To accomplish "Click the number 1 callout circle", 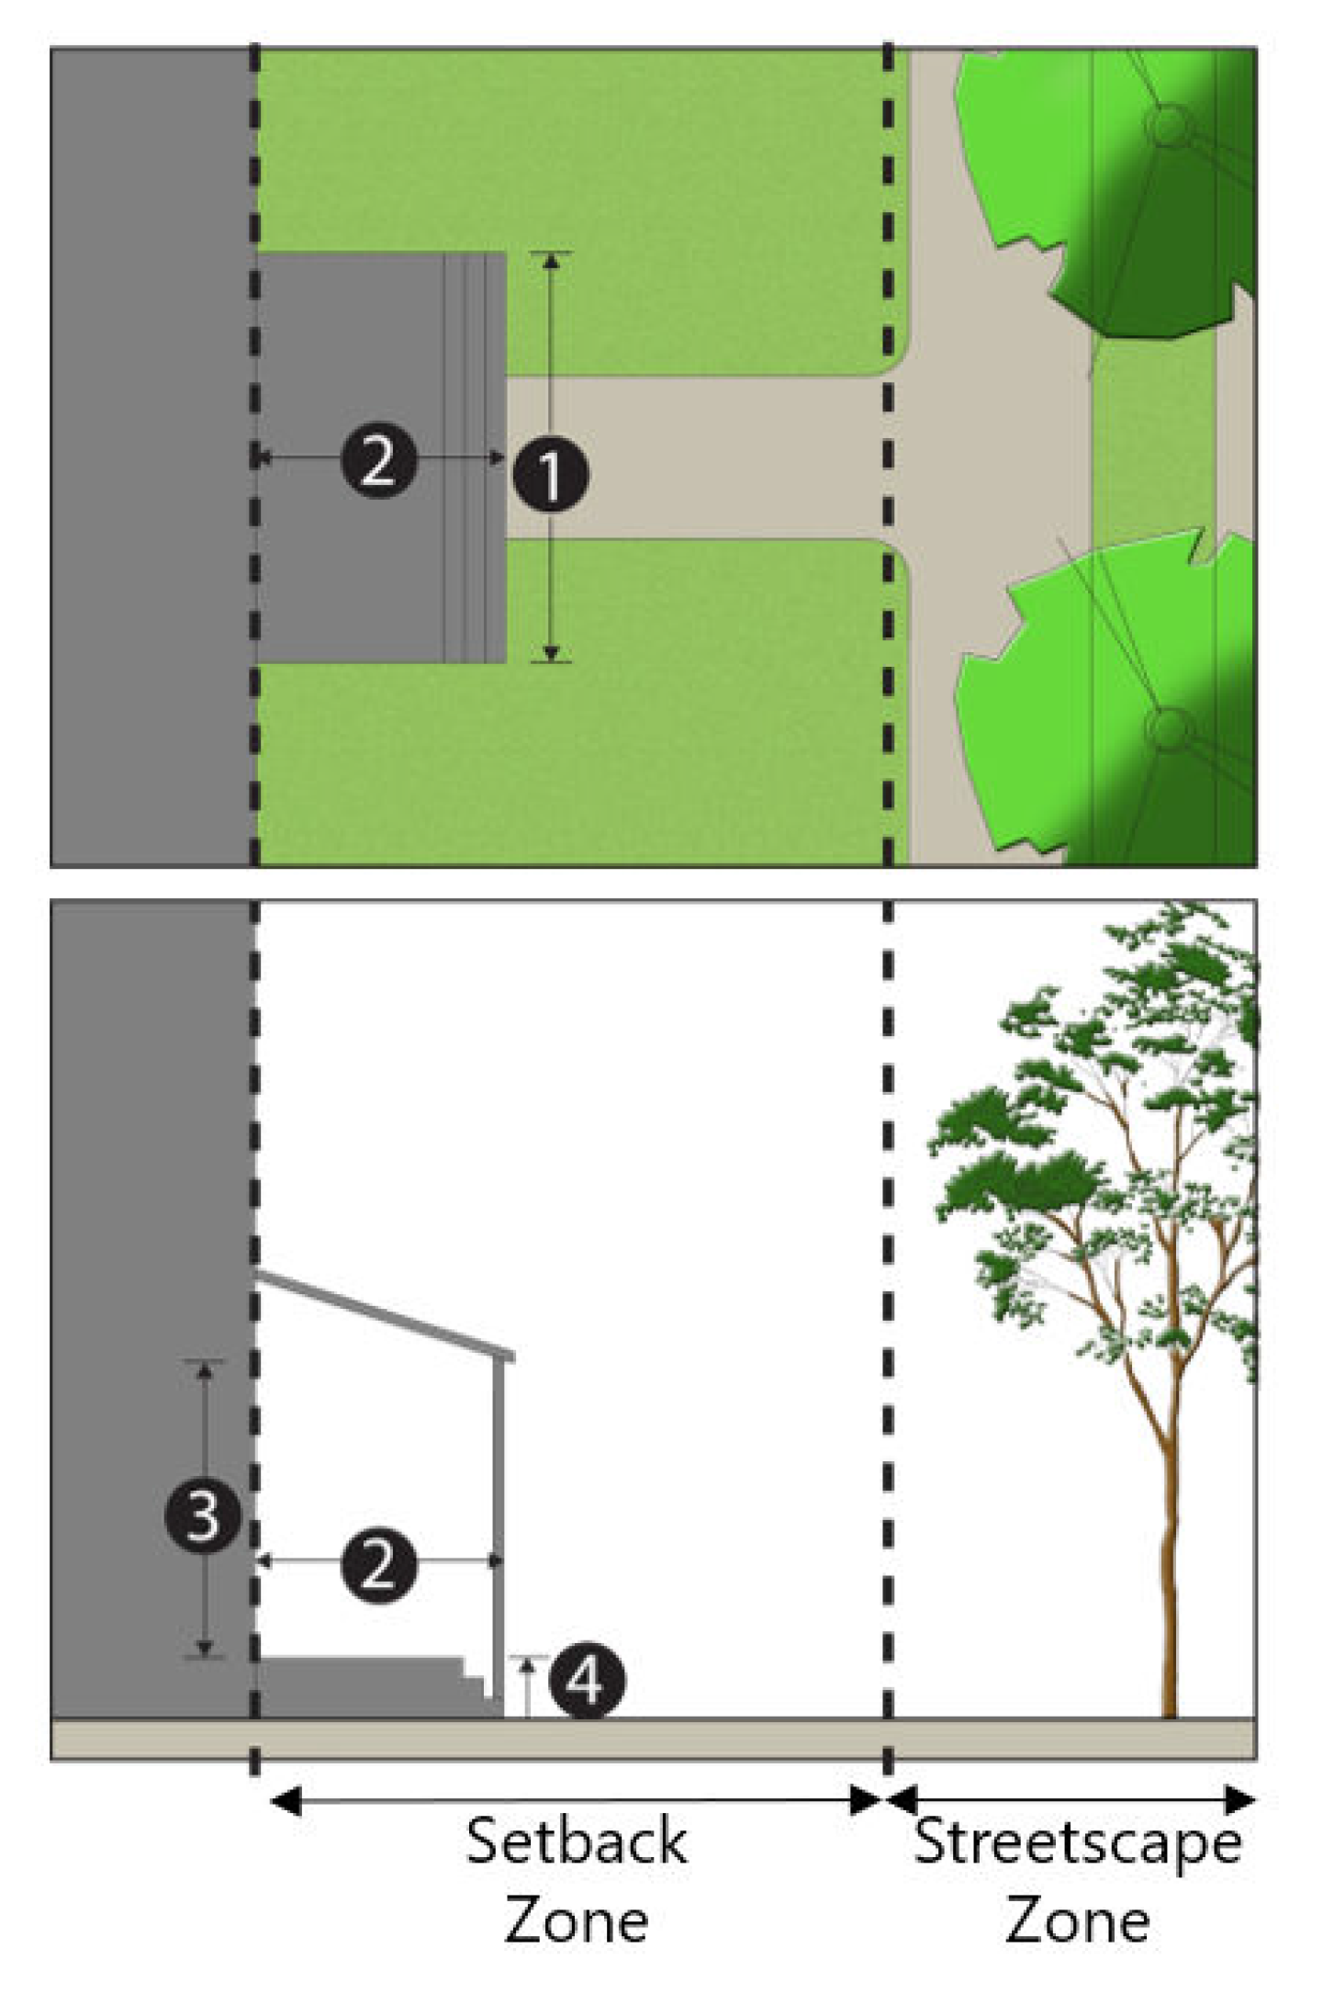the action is point(550,475).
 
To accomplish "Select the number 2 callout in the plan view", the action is point(379,460).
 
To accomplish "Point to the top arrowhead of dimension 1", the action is point(551,260).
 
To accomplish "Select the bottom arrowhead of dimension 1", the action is point(551,654).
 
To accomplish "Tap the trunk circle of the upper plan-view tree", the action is point(1167,125).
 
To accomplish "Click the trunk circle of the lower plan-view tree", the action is point(1166,730).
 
